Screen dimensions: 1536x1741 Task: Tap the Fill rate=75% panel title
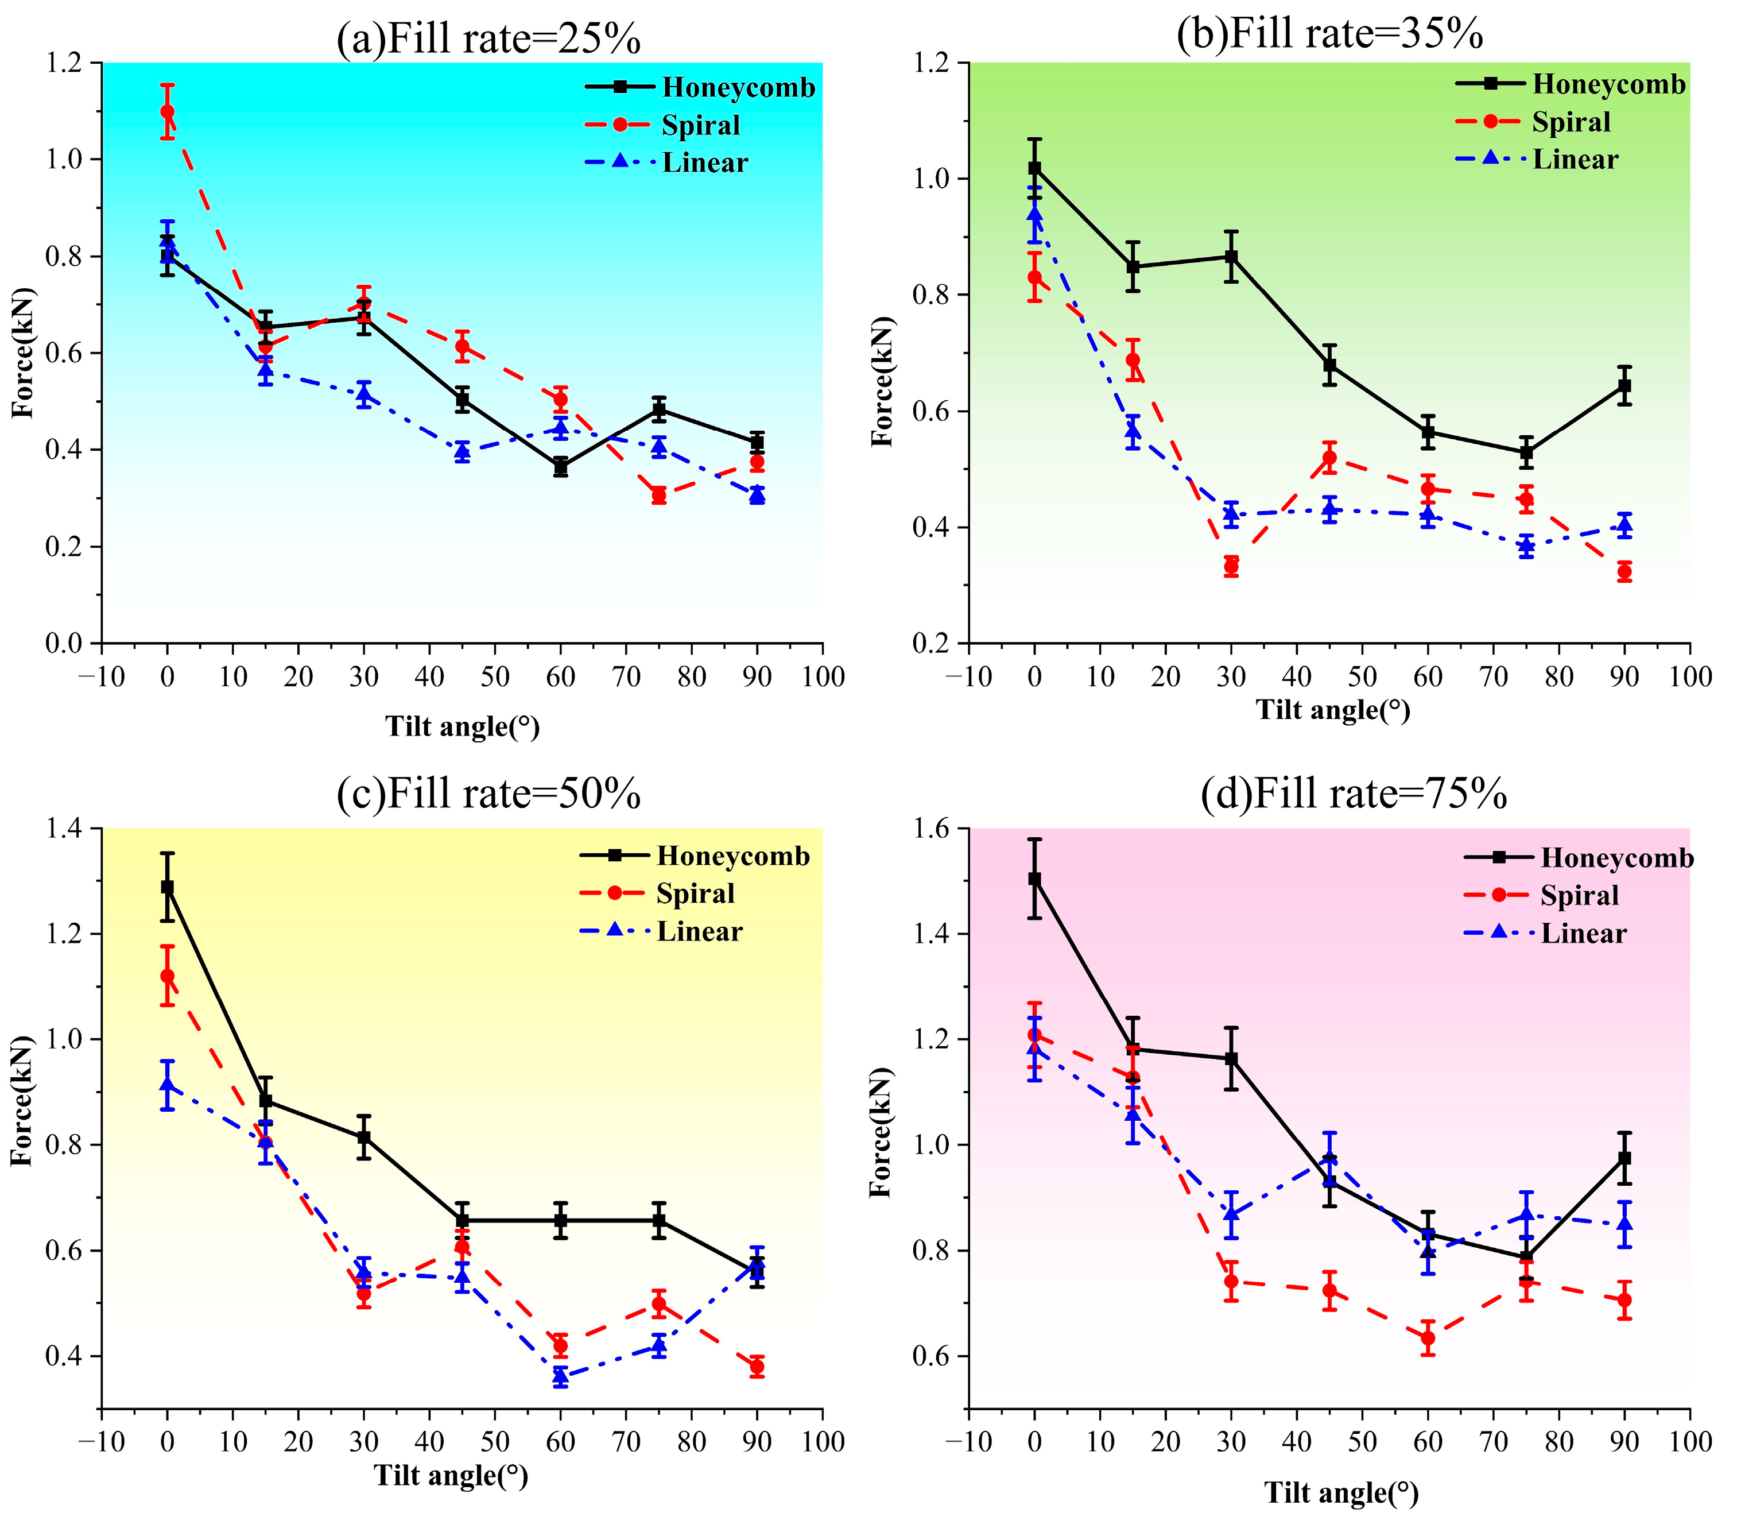point(1354,794)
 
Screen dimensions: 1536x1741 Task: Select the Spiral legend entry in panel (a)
point(700,125)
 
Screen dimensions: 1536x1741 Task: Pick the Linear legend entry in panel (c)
point(699,931)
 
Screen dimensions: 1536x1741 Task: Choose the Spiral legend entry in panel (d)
point(1579,895)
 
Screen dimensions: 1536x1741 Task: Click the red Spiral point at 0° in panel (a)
point(168,111)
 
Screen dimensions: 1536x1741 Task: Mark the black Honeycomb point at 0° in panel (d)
point(1035,879)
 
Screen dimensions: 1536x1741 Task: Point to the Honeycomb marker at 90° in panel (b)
point(1624,386)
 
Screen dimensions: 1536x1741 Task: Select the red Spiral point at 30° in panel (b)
point(1231,566)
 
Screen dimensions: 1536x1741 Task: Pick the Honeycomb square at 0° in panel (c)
point(168,888)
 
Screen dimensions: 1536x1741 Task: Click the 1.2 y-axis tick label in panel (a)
point(65,63)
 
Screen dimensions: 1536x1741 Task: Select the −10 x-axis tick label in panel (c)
point(102,1442)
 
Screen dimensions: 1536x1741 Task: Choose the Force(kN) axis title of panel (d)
point(881,1132)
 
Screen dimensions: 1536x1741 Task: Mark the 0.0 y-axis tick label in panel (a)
point(65,643)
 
